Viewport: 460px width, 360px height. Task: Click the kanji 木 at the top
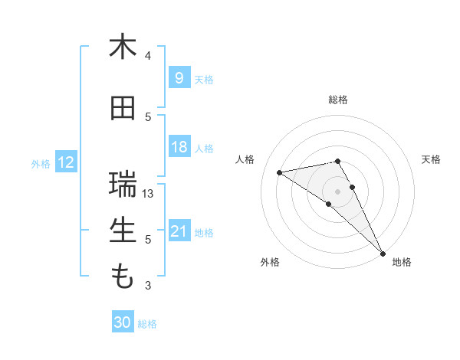(x=123, y=47)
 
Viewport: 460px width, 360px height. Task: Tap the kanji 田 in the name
(x=123, y=108)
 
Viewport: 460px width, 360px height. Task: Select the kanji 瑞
(x=123, y=185)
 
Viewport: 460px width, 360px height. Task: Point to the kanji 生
(x=123, y=230)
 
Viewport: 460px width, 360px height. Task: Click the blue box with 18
(x=179, y=147)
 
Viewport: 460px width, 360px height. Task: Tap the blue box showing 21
(x=179, y=231)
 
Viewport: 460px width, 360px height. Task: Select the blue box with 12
(x=66, y=162)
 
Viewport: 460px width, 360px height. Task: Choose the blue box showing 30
(x=123, y=322)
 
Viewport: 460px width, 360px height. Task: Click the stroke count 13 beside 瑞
(x=149, y=194)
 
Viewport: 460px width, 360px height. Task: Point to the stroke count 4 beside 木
(x=148, y=56)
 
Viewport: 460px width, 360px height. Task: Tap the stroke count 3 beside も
(x=148, y=286)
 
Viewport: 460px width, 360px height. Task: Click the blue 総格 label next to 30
(x=147, y=324)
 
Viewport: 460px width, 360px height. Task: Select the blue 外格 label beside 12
(x=41, y=163)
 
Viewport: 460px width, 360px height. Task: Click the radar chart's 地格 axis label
(x=402, y=262)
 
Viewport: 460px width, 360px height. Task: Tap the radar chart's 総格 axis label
(x=338, y=100)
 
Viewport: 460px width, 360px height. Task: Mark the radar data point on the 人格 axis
(x=280, y=172)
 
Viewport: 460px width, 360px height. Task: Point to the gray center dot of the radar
(x=338, y=190)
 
